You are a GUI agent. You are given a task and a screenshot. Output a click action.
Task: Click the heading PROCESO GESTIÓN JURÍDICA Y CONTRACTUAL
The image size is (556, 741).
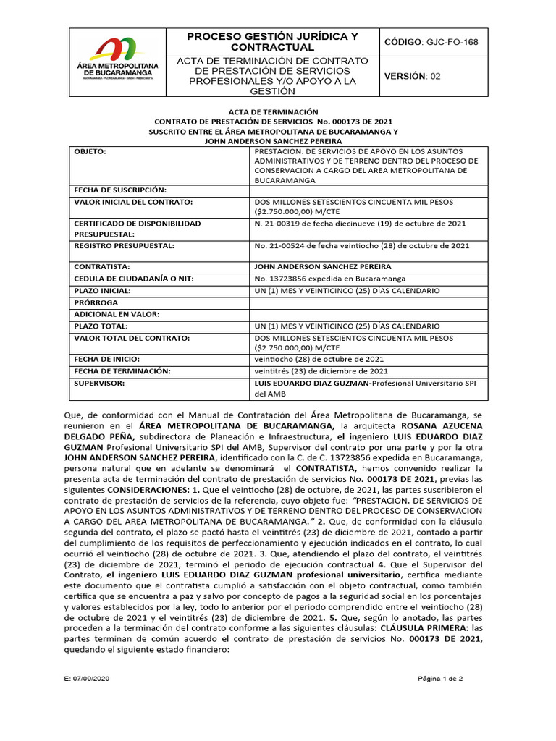(272, 42)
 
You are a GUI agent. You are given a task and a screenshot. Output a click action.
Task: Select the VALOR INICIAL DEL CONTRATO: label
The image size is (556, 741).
(132, 203)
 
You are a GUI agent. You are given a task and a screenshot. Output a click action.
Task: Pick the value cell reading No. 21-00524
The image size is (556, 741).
(361, 246)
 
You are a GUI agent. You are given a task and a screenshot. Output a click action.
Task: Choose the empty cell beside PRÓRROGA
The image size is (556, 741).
(368, 302)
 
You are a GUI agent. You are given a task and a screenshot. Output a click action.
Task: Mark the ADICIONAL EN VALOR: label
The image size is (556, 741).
(117, 314)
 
